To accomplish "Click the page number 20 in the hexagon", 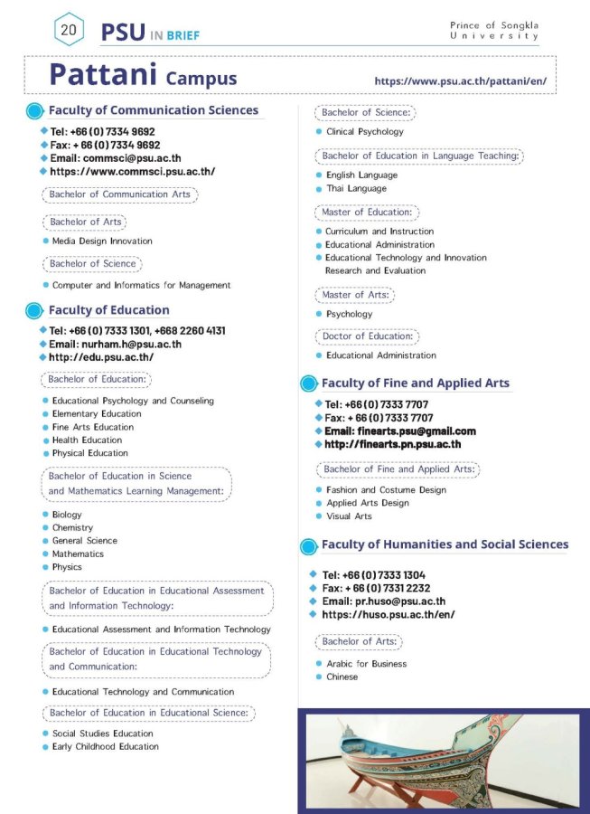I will [69, 30].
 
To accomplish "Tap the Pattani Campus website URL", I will [460, 80].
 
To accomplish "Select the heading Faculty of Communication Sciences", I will [153, 110].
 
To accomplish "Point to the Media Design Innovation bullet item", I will [101, 241].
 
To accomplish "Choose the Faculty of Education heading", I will [108, 310].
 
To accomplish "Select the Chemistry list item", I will [72, 527].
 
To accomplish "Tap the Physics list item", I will [67, 567].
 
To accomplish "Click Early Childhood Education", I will [105, 746].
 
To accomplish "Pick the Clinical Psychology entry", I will [364, 131].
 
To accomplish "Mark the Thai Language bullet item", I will [356, 188].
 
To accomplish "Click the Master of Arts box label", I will [356, 295].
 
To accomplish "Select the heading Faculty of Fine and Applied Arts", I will [415, 383].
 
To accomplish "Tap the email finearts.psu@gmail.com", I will [399, 431].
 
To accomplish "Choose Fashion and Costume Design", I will [386, 490].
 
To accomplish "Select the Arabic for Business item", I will [366, 664].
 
